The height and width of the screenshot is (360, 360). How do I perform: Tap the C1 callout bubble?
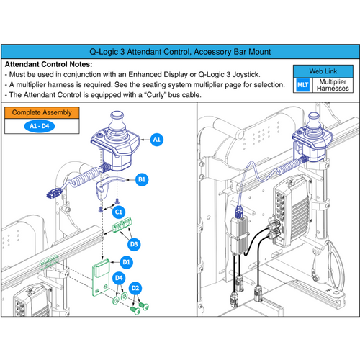[x=120, y=212]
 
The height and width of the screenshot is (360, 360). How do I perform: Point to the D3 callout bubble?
[x=134, y=243]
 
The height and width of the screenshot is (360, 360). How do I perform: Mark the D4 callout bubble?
[x=120, y=277]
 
